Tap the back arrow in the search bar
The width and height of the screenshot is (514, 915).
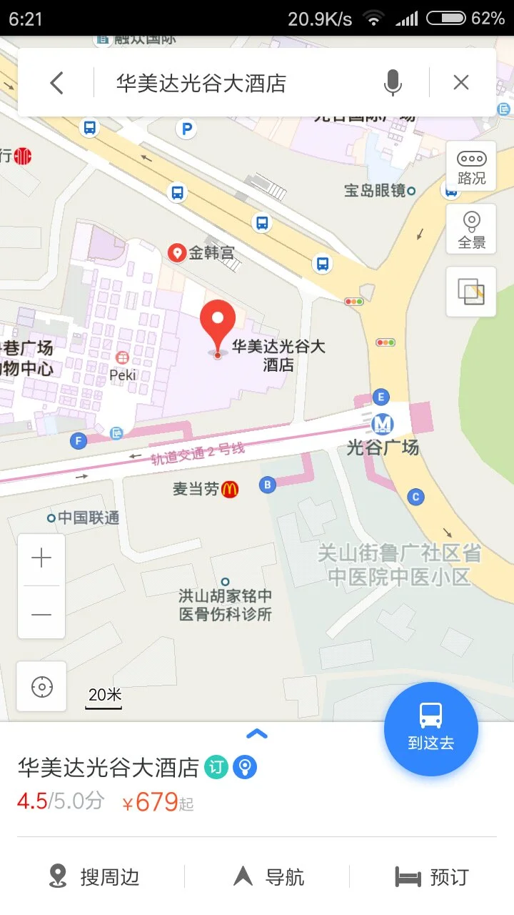[x=57, y=84]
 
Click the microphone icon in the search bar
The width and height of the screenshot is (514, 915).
[x=392, y=84]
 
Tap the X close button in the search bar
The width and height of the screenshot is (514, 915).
[x=461, y=83]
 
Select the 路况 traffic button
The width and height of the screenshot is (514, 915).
[x=471, y=166]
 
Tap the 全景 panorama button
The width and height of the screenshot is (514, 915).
[x=471, y=229]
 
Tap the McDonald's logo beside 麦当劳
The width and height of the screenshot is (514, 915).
[x=230, y=490]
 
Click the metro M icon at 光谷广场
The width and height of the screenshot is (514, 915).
[x=383, y=425]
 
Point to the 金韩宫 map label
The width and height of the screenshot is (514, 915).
[x=211, y=252]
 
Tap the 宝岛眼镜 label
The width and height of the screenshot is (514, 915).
[x=375, y=190]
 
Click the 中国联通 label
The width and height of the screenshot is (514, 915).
[x=88, y=518]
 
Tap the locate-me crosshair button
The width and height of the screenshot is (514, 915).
[x=41, y=687]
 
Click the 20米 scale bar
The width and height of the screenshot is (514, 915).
[x=104, y=698]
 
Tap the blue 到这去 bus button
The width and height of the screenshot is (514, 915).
[x=430, y=729]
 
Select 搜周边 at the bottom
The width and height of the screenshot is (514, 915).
[x=94, y=876]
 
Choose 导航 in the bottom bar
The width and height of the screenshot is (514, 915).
[x=269, y=876]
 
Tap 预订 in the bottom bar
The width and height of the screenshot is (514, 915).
[x=433, y=876]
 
